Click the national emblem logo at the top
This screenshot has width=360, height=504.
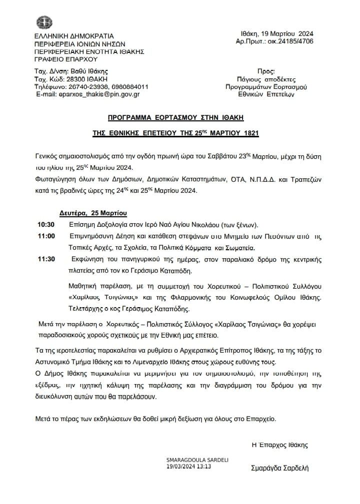click(44, 22)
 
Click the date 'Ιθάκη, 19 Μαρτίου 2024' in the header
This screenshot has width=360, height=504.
click(277, 33)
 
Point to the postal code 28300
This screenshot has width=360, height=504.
click(76, 79)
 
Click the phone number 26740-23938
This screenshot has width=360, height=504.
click(83, 86)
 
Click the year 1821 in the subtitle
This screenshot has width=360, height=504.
click(250, 133)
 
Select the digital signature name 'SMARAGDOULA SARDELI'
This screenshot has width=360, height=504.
click(190, 460)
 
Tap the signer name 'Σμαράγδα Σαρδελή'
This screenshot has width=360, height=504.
click(280, 468)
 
